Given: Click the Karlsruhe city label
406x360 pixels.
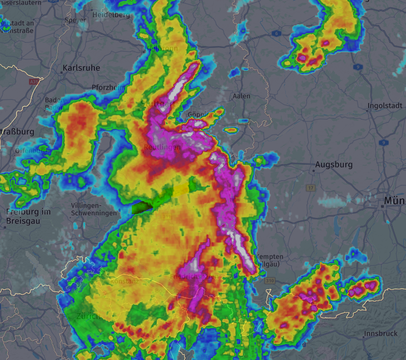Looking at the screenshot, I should point(81,68).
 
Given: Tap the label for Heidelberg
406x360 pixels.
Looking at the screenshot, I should point(112,15).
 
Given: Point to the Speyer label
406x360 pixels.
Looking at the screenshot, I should point(76,20).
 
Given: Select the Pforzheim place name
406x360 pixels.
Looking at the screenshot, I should point(109,87).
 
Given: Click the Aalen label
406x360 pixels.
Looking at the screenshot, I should point(241,96).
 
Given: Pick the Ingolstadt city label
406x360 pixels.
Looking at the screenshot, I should point(384,106).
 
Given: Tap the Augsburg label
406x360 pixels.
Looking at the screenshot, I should point(334,165).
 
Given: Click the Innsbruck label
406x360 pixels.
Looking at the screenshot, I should point(381,334).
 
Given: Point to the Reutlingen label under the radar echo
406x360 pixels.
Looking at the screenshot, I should point(162,147).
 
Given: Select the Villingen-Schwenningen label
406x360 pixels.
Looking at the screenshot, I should point(94,209).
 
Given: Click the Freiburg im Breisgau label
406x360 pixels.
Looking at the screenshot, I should point(28,216).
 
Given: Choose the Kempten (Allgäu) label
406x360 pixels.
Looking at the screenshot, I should point(269,260).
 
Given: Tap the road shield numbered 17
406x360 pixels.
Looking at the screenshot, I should point(310,188).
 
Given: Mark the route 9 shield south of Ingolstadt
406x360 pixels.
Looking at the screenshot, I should point(383,142).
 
